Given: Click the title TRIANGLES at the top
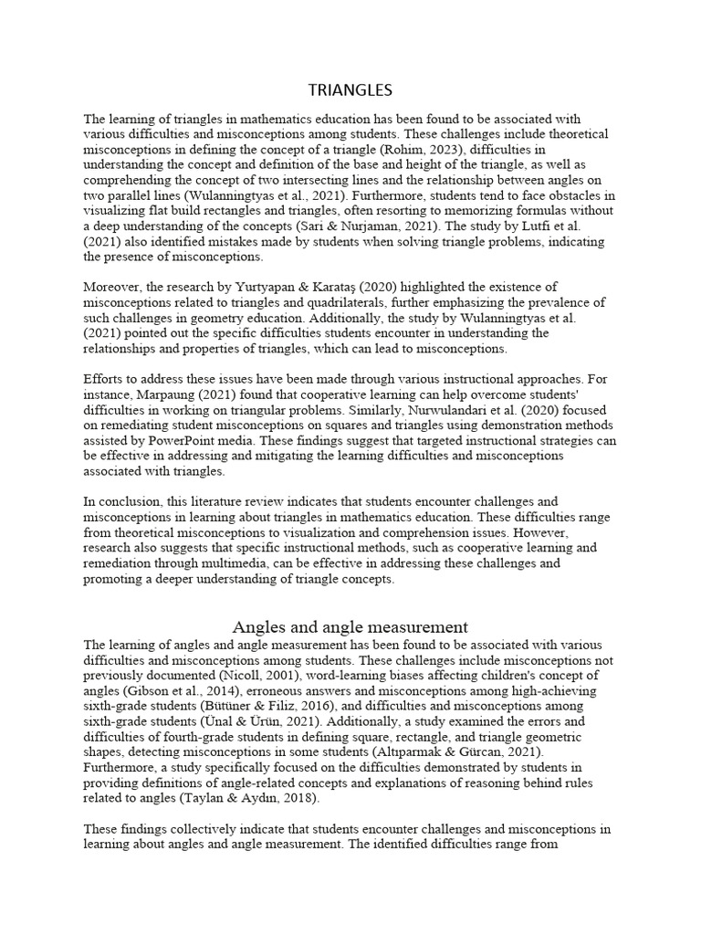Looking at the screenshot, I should pos(350,89).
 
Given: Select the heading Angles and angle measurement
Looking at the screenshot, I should pos(350,627).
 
